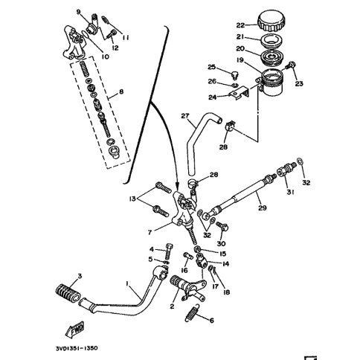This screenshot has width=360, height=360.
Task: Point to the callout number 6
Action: point(211,321)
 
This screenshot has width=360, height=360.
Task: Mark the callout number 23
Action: point(300,85)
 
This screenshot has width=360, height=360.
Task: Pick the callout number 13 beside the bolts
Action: point(132,199)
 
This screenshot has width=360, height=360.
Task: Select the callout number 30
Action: point(220,244)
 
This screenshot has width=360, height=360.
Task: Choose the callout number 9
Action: point(77,11)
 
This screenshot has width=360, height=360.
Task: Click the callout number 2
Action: point(172,306)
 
